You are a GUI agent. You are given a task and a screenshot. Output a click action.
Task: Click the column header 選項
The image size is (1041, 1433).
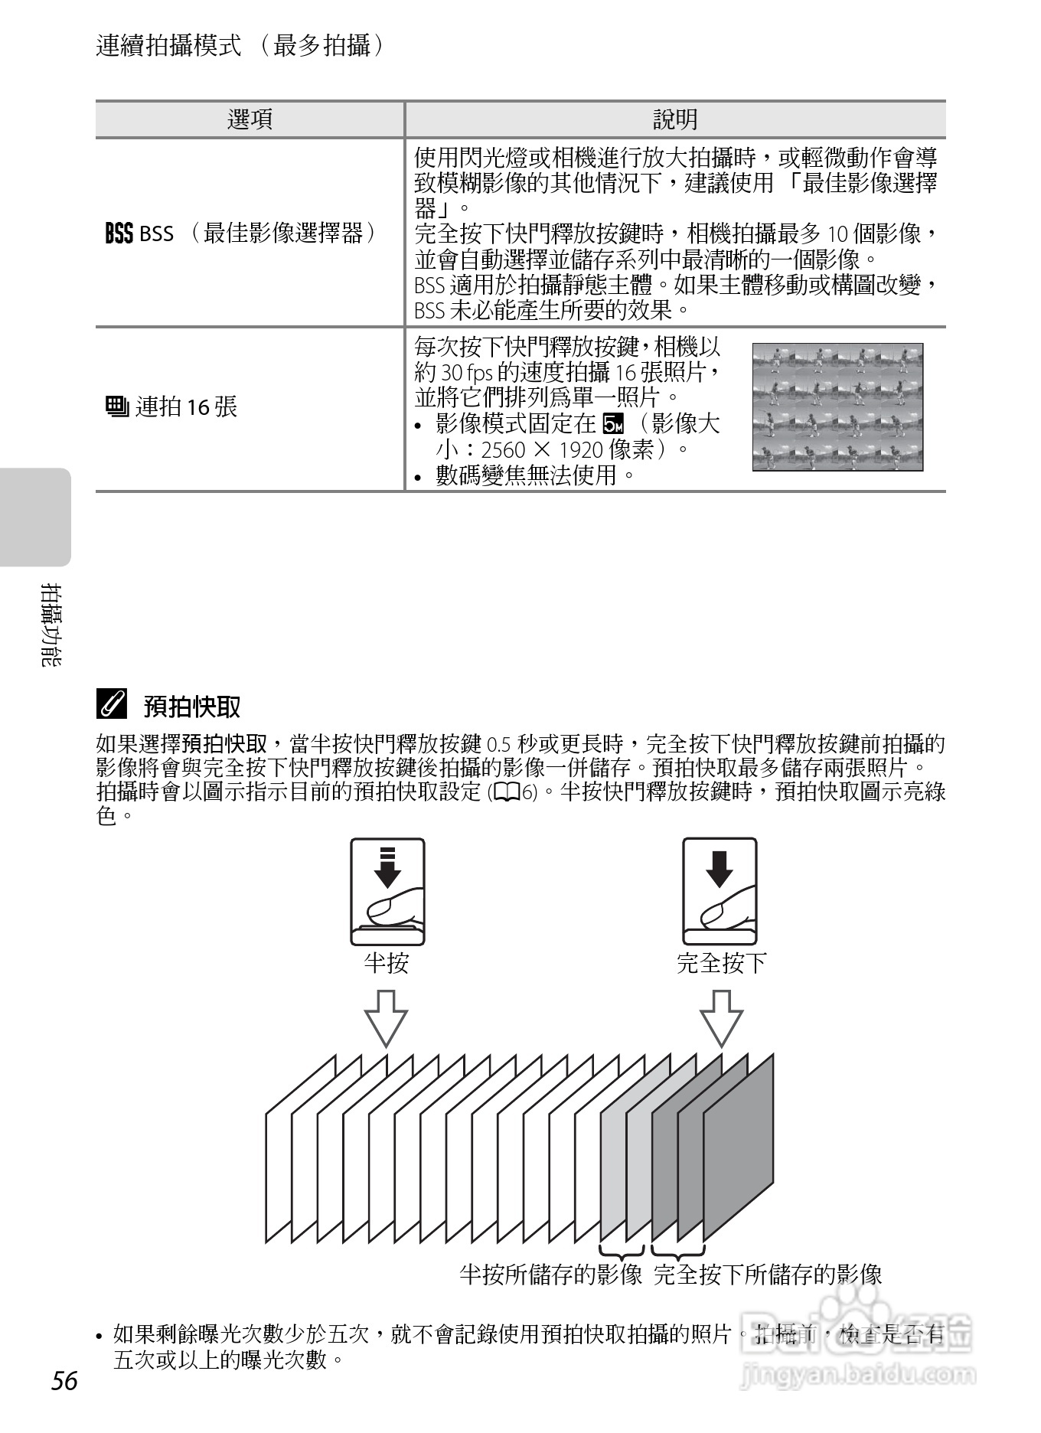(250, 119)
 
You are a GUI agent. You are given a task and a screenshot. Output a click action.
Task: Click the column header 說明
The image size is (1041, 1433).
(675, 119)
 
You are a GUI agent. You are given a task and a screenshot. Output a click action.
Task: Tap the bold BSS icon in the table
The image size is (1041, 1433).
(119, 233)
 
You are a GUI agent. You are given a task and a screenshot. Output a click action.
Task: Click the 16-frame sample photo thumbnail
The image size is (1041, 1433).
(837, 406)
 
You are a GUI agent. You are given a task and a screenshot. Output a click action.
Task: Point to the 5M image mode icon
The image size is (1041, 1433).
(614, 423)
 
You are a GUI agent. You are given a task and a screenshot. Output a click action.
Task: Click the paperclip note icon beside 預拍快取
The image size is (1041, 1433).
(112, 704)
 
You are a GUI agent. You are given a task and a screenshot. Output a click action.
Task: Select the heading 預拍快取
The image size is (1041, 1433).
(192, 707)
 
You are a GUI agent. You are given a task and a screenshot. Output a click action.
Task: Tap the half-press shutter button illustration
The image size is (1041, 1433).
(387, 892)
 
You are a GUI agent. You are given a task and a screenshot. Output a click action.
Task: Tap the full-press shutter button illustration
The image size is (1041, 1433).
(720, 892)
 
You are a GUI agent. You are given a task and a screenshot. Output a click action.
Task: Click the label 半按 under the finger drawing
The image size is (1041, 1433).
(387, 962)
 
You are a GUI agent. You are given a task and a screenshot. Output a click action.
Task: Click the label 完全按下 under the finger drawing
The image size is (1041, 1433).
(721, 962)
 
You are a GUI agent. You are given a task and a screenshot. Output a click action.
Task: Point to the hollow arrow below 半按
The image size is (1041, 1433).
(386, 1018)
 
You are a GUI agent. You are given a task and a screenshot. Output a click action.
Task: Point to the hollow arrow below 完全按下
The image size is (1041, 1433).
(721, 1018)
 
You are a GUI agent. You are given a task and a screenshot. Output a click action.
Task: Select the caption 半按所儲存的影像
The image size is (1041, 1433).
(550, 1275)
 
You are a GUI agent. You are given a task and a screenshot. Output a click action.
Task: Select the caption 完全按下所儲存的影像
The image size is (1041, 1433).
(768, 1275)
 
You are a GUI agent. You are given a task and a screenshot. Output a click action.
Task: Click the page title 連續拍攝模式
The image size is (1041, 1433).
(169, 46)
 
